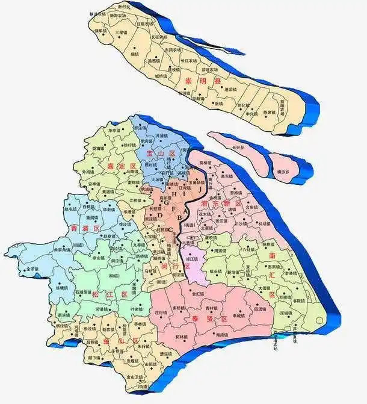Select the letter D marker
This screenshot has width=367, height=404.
click(160, 214)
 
